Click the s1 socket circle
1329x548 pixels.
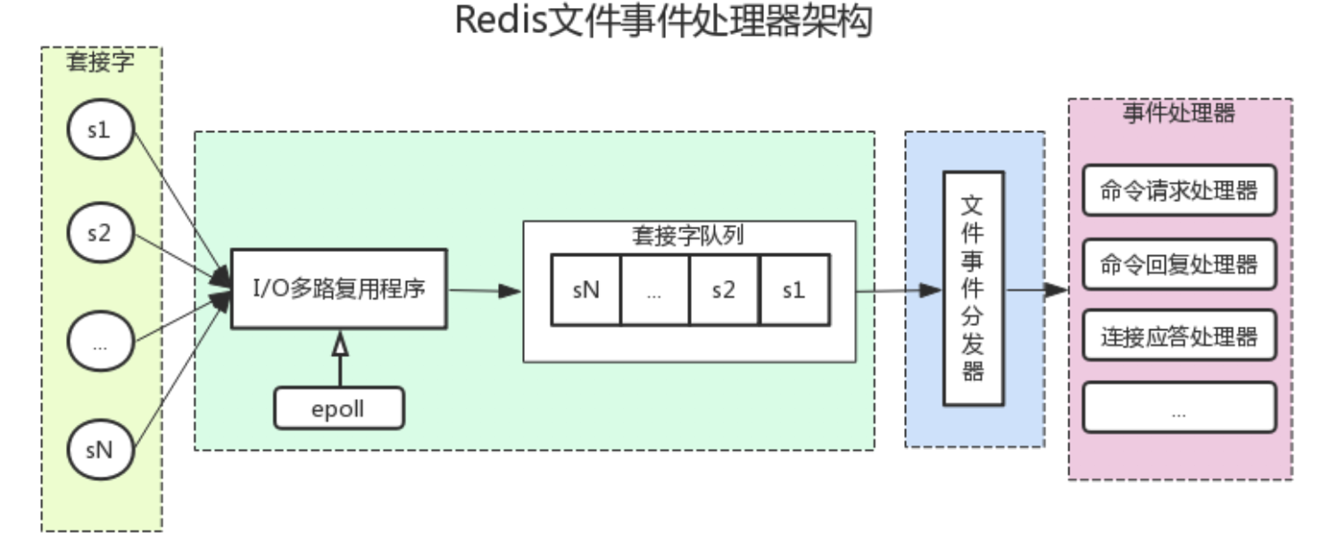[x=100, y=129]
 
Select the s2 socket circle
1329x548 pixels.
[x=100, y=232]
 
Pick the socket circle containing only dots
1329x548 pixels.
[x=100, y=341]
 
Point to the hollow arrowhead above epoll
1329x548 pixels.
[x=340, y=344]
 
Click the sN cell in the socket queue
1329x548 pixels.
[x=586, y=290]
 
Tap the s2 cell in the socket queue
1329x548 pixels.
[x=724, y=290]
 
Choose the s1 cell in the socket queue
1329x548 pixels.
[x=794, y=290]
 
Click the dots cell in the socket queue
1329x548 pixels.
[x=654, y=290]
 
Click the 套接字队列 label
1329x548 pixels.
[x=688, y=236]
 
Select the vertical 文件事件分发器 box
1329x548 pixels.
[x=973, y=288]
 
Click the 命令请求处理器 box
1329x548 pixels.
[x=1179, y=191]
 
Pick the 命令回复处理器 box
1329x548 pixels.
[x=1179, y=264]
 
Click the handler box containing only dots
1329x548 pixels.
[x=1179, y=407]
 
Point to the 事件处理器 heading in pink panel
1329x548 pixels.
[x=1179, y=113]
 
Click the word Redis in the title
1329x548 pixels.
[x=500, y=21]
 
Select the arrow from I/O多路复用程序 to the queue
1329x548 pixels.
[x=485, y=291]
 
